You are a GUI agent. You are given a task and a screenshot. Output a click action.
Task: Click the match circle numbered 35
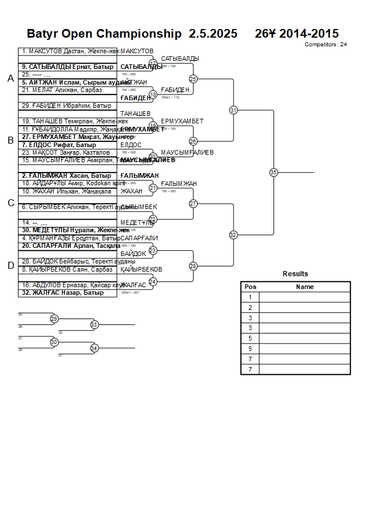(x=273, y=172)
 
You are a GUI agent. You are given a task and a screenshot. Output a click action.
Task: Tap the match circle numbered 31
(x=233, y=110)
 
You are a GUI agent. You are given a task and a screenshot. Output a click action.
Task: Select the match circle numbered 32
(x=233, y=235)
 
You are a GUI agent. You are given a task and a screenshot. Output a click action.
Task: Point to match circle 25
(x=194, y=79)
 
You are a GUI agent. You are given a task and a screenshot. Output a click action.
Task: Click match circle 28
(x=194, y=266)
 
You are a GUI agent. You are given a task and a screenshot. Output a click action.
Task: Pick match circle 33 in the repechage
(x=94, y=325)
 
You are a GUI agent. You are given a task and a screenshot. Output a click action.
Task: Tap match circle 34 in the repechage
(x=94, y=348)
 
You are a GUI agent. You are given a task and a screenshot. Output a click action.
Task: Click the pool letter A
(x=10, y=79)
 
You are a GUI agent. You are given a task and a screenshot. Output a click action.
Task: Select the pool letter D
(x=10, y=266)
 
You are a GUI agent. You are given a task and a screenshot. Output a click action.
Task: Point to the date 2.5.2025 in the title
(x=213, y=34)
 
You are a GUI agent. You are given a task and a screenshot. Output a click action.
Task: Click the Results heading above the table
(x=295, y=274)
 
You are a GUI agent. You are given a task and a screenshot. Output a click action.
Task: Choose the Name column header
(x=305, y=287)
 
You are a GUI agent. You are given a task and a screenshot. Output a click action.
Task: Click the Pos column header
(x=250, y=287)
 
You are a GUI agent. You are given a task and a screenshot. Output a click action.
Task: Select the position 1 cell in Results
(x=250, y=297)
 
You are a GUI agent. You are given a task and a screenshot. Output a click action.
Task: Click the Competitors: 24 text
(x=326, y=44)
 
